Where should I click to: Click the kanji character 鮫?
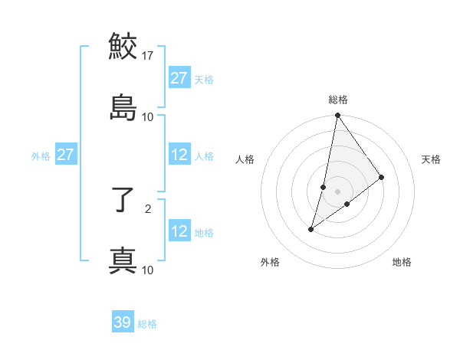point(123,46)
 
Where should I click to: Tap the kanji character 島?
point(123,106)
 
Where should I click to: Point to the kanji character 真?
point(123,260)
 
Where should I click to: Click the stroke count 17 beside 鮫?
point(148,56)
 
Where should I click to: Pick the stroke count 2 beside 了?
point(148,208)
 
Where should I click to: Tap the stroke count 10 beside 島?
point(148,117)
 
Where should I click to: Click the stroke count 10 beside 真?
point(148,270)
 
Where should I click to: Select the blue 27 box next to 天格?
point(179,78)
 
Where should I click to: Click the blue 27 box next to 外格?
point(66,155)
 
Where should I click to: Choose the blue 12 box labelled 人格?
point(179,155)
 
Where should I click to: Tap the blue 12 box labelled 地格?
point(179,231)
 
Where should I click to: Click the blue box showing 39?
point(123,322)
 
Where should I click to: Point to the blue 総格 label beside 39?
point(147,324)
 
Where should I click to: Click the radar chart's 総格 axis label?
point(338,100)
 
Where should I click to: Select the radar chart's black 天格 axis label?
point(432,159)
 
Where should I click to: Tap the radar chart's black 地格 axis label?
point(402,263)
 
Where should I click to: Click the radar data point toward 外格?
point(311,229)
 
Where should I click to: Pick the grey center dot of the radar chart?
point(338,191)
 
